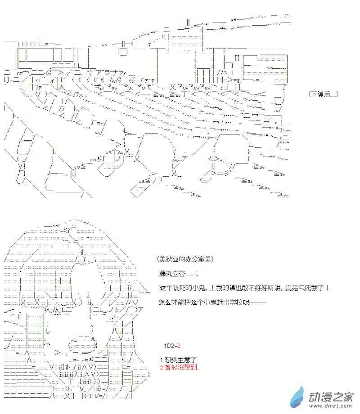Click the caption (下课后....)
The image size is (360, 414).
323,94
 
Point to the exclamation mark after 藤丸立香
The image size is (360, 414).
197,274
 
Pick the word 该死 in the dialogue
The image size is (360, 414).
179,288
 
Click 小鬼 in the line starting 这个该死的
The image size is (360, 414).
198,288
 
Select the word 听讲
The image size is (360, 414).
275,288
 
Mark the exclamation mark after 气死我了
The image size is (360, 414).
328,288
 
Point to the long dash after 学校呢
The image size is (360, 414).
258,303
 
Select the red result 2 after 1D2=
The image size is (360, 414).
179,346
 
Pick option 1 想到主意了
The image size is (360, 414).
178,360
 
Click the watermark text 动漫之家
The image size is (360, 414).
331,396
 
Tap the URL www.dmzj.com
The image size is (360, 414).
331,405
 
